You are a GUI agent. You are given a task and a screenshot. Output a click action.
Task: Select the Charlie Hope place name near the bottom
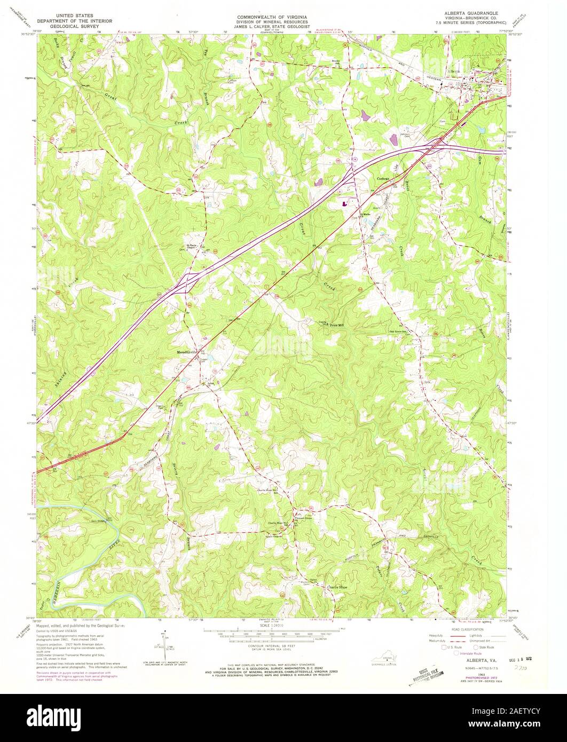pyautogui.click(x=337, y=586)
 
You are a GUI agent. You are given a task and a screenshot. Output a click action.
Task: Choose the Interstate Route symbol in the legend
pyautogui.click(x=458, y=653)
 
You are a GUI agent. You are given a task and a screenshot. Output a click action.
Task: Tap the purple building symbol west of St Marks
pyautogui.click(x=344, y=203)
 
